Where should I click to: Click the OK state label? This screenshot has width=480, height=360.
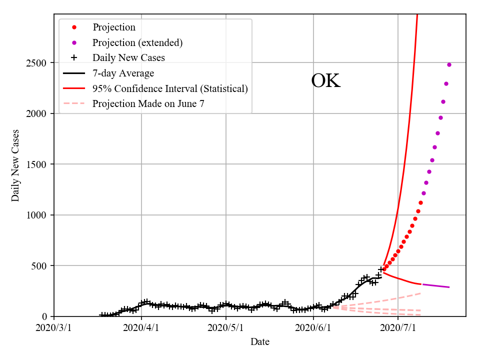pyautogui.click(x=325, y=81)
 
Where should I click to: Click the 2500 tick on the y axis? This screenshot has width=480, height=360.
pyautogui.click(x=37, y=63)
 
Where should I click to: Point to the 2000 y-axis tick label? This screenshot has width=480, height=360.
pyautogui.click(x=37, y=114)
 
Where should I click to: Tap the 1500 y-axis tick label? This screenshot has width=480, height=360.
pyautogui.click(x=37, y=164)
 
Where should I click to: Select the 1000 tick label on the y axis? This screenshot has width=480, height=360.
pyautogui.click(x=37, y=215)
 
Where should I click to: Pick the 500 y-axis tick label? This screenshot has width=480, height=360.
pyautogui.click(x=40, y=266)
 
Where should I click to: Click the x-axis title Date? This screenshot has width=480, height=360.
pyautogui.click(x=260, y=342)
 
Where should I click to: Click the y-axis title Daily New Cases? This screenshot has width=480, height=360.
pyautogui.click(x=15, y=165)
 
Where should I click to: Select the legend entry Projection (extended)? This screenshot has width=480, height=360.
pyautogui.click(x=137, y=42)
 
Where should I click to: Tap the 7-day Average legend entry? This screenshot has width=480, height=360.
pyautogui.click(x=123, y=73)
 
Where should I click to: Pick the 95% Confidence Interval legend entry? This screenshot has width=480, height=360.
pyautogui.click(x=170, y=89)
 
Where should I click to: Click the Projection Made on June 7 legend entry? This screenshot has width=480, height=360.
pyautogui.click(x=148, y=104)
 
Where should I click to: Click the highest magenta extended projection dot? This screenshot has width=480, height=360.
pyautogui.click(x=449, y=64)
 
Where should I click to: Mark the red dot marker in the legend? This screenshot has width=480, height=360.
pyautogui.click(x=74, y=27)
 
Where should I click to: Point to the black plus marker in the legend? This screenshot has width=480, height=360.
pyautogui.click(x=74, y=58)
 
